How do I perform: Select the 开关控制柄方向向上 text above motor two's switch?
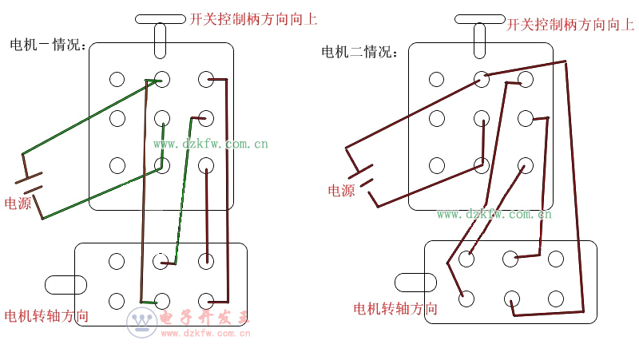point(570,25)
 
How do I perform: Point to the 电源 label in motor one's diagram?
point(18,204)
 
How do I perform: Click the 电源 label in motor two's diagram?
point(341,191)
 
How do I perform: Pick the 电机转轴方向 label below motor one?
point(46,316)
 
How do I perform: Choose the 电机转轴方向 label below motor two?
point(395,309)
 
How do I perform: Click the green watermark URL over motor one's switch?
point(211,144)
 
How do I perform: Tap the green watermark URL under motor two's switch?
point(494,214)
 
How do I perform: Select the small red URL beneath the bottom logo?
point(206,333)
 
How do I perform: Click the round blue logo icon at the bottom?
point(142,322)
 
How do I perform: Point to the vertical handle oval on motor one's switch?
point(160,40)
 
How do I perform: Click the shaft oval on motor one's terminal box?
point(65,283)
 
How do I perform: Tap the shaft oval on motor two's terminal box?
point(415,282)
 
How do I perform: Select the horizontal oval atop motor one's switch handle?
point(161,18)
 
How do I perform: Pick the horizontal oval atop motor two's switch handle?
point(479,18)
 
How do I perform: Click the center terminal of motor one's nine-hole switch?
point(162,119)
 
